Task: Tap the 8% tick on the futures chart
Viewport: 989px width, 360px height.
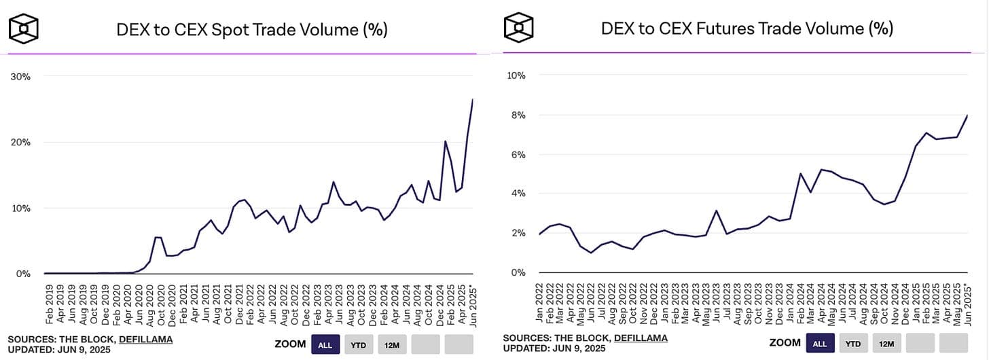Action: pos(517,115)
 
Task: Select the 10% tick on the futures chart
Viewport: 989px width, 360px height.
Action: pos(516,75)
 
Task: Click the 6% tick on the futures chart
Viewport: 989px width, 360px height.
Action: pos(517,155)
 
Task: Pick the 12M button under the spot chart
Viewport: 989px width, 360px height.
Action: pos(392,344)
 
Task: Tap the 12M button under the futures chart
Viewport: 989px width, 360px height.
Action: pos(886,344)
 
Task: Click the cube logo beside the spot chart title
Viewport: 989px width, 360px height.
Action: pos(23,29)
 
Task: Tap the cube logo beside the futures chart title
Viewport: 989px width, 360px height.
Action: pos(518,27)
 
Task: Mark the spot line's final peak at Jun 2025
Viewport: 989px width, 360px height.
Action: pos(473,100)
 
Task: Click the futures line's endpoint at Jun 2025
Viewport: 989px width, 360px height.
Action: pos(967,115)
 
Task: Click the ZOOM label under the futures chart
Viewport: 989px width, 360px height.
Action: pos(785,344)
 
